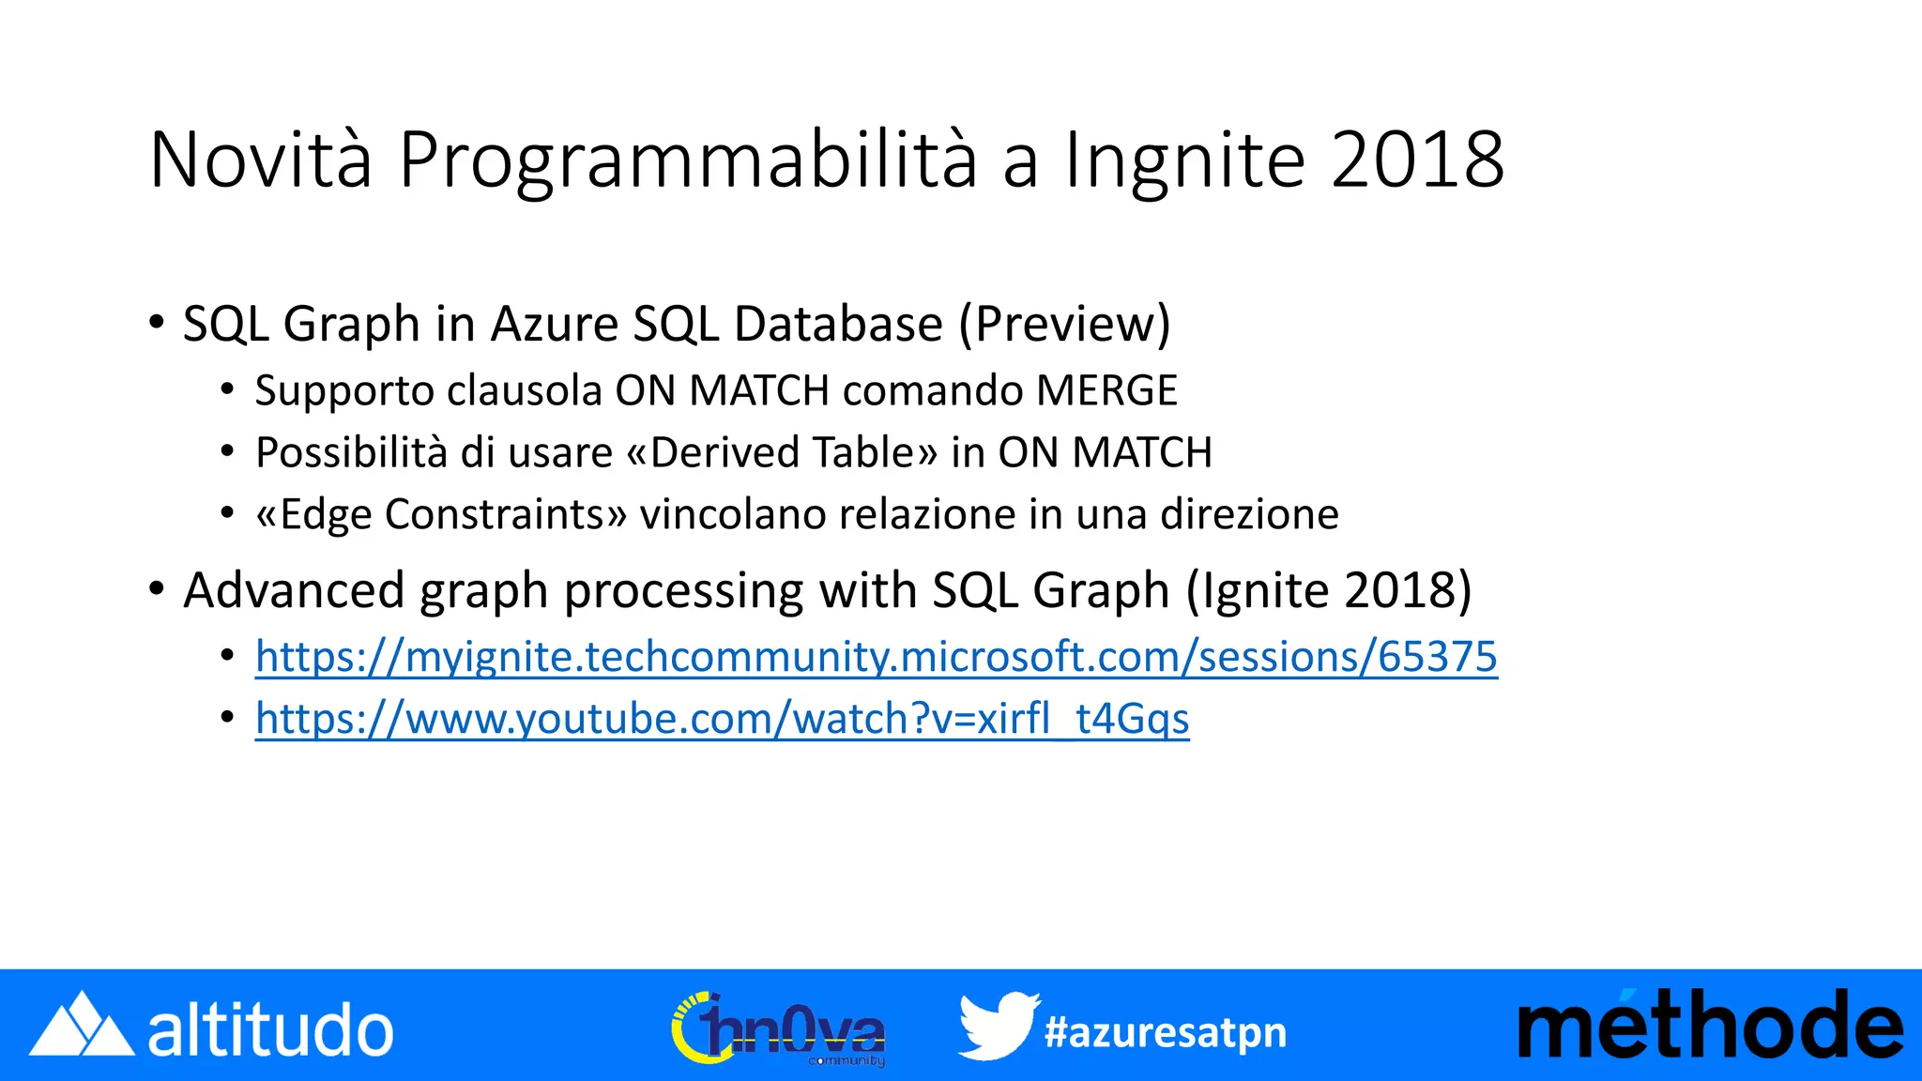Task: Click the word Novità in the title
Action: pyautogui.click(x=261, y=160)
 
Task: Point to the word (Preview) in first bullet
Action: pyautogui.click(x=1064, y=325)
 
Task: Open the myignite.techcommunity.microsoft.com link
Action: pyautogui.click(x=876, y=657)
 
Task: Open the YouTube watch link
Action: pyautogui.click(x=722, y=719)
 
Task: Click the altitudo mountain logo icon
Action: pyautogui.click(x=81, y=1025)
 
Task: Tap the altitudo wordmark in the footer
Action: pyautogui.click(x=270, y=1030)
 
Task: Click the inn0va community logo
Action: pyautogui.click(x=778, y=1028)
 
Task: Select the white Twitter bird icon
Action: pyautogui.click(x=998, y=1025)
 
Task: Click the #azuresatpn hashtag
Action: pyautogui.click(x=1165, y=1032)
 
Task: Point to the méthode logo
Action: pyautogui.click(x=1709, y=1025)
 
